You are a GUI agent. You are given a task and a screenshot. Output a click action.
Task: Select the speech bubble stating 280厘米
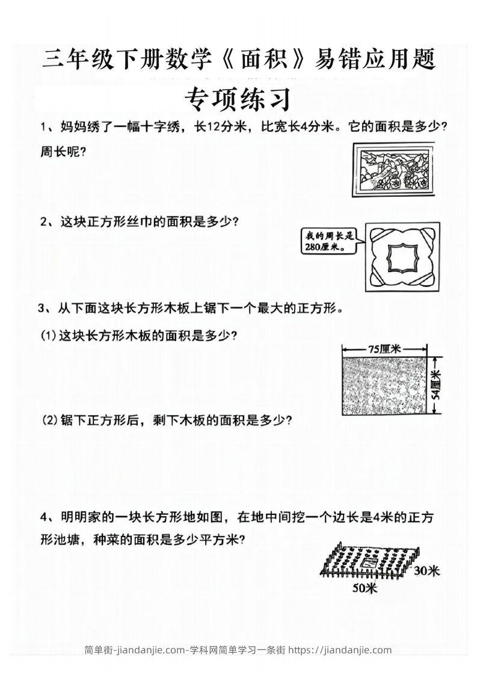328,243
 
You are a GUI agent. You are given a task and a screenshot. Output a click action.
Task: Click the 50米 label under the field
364,588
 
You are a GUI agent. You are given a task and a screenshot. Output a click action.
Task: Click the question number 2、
49,222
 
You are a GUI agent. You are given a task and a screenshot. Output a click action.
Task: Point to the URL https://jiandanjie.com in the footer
340,650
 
